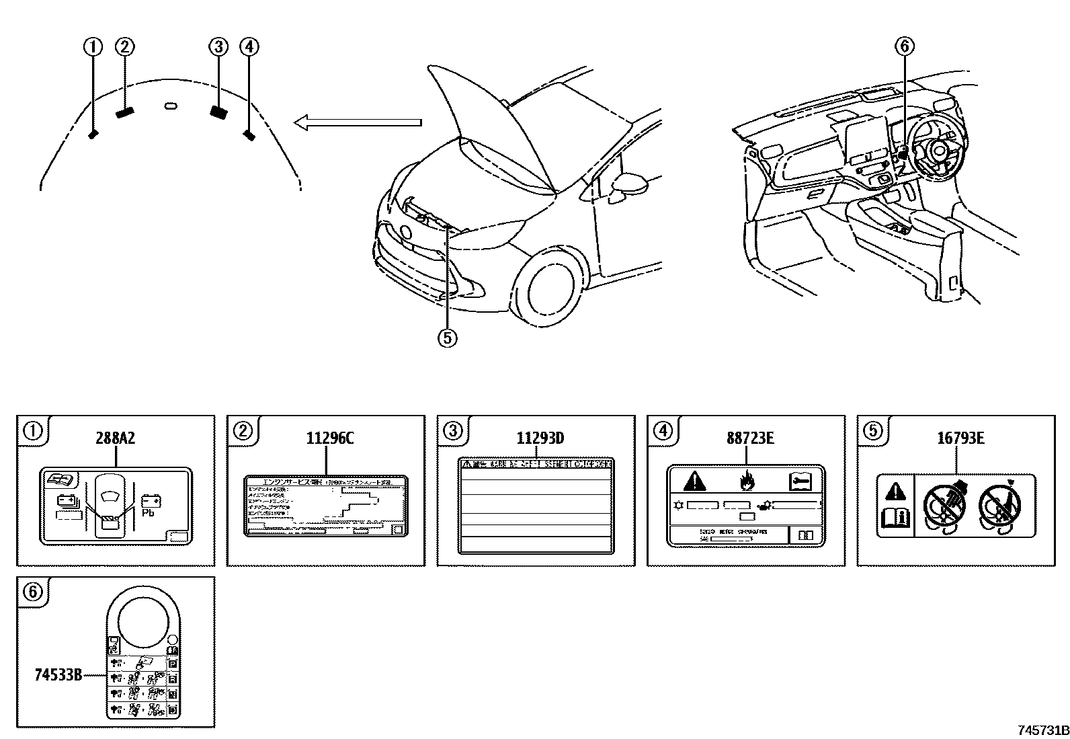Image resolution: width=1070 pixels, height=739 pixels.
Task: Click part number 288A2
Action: tap(116, 438)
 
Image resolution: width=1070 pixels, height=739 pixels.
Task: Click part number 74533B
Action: tap(58, 674)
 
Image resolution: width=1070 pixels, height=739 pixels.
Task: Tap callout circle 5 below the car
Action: tap(447, 338)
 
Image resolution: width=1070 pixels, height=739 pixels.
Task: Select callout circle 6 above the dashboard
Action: tap(905, 46)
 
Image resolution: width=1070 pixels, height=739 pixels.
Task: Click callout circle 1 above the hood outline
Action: tap(92, 46)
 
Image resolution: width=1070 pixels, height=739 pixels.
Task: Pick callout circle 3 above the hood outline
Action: tap(218, 46)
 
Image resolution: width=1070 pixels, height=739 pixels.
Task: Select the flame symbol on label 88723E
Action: tap(746, 481)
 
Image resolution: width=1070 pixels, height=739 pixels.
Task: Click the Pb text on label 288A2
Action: tap(148, 513)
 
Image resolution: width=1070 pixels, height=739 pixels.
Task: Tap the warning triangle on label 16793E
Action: tap(896, 493)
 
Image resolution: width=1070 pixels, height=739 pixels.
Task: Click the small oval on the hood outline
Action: tap(171, 106)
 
